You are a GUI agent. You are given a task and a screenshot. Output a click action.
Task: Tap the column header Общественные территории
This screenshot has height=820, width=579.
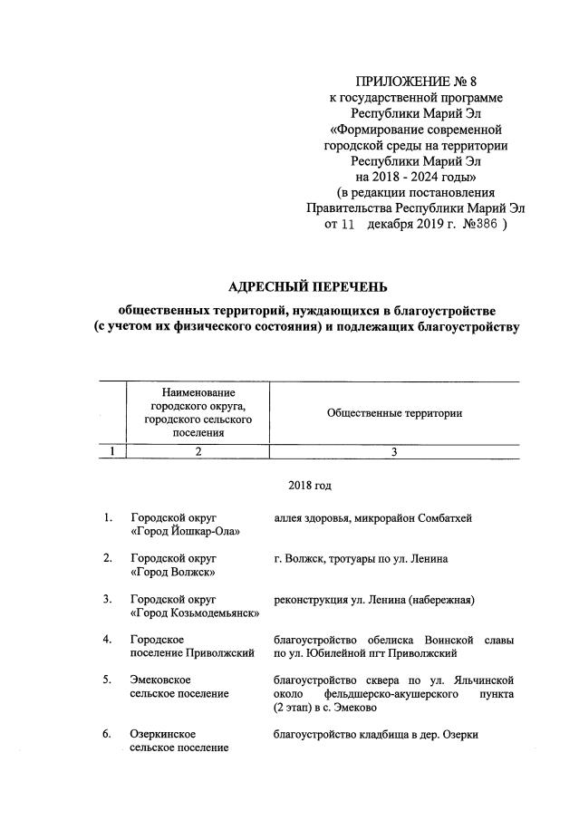(x=394, y=413)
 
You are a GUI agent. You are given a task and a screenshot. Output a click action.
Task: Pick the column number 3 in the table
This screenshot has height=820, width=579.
(x=394, y=452)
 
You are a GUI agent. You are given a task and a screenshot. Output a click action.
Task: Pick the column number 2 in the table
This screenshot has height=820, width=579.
(x=198, y=452)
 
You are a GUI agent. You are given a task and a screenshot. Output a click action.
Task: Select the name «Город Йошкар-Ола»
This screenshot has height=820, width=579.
(x=185, y=532)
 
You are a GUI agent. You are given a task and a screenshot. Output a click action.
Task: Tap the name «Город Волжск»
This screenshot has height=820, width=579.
(x=172, y=573)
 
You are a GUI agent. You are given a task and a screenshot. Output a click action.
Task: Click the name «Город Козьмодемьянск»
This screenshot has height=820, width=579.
(x=195, y=613)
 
